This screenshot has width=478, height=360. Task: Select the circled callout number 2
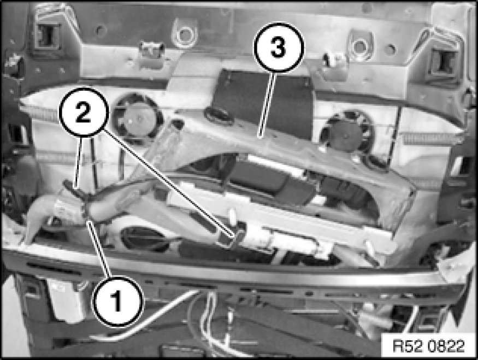[x=84, y=112]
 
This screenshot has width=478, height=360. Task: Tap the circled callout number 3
[x=279, y=47]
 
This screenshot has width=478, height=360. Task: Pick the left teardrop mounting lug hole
[x=184, y=33]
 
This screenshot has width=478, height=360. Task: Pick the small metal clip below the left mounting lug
[x=151, y=49]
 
